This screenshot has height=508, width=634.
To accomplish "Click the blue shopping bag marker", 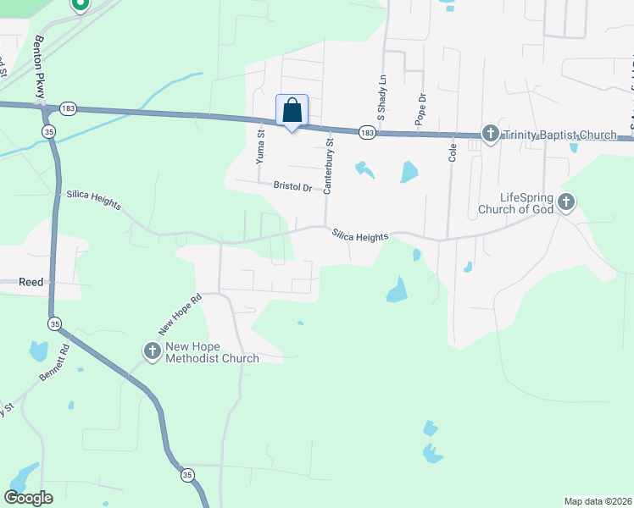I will coord(292,111).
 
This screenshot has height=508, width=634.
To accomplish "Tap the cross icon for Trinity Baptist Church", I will coord(490,134).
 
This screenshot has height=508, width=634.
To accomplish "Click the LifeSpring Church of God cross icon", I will coord(566,202).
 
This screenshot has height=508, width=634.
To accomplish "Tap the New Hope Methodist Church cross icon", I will coord(153,351).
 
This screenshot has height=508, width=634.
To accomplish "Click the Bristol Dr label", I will coord(292,185).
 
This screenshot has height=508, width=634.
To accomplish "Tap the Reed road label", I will coord(31,283).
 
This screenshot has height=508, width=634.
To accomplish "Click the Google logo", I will coord(28,497).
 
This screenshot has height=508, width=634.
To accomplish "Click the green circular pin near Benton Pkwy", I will coord(80,4).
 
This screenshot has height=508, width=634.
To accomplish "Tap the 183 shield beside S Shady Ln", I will coord(366,133).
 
